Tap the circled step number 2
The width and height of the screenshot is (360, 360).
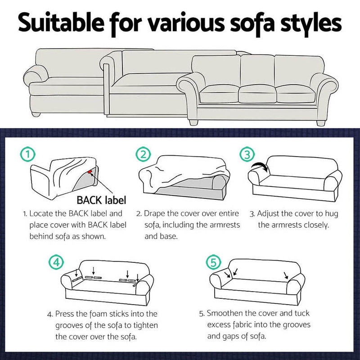[143, 155]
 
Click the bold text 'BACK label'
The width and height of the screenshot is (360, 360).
[100, 199]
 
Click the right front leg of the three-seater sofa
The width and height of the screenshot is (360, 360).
[320, 122]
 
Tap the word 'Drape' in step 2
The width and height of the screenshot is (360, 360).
[155, 213]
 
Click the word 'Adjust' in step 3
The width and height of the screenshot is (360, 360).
[270, 213]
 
